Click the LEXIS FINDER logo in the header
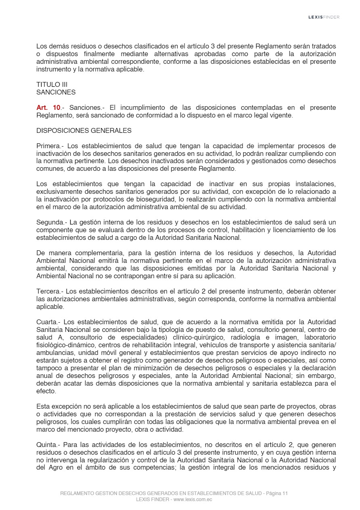324,17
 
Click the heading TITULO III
52,84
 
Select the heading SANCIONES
56,92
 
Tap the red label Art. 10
48,107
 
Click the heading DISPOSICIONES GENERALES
84,130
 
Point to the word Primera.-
50,146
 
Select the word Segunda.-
52,222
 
